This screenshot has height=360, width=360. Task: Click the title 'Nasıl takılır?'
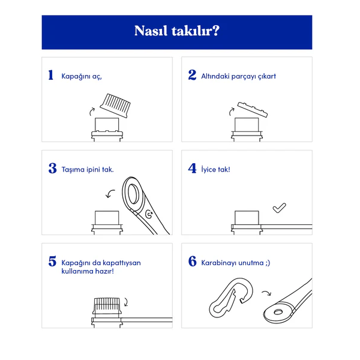177,31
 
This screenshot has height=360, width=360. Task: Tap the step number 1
51,75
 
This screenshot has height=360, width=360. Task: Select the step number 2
192,75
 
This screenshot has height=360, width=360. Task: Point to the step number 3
53,168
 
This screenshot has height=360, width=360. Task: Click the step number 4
192,168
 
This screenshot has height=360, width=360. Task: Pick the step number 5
52,261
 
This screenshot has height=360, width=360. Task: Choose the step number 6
193,261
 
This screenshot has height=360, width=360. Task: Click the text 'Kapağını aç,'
82,76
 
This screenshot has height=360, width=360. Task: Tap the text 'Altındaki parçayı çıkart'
238,76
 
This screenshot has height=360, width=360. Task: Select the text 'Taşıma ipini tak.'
88,169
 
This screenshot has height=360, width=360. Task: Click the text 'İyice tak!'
215,169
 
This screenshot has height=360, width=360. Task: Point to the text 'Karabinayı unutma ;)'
236,263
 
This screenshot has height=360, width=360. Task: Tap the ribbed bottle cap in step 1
115,106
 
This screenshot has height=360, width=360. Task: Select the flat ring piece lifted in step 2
253,110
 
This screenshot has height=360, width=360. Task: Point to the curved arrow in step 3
110,193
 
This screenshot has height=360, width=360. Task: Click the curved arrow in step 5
126,302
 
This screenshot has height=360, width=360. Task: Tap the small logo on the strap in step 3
149,214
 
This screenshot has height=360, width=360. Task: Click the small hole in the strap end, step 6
278,312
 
